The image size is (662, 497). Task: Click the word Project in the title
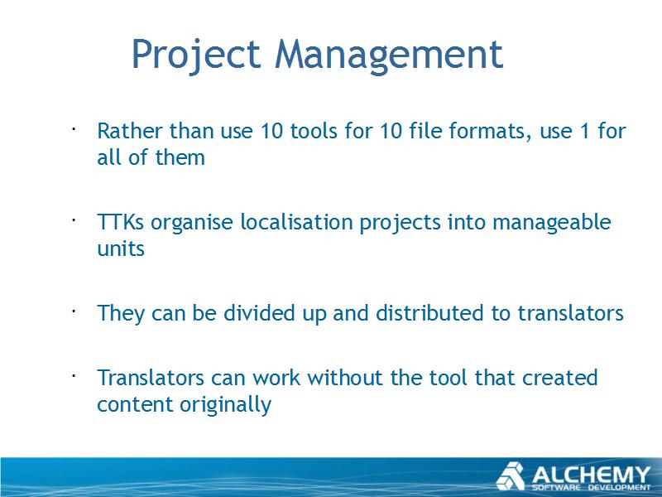tap(196, 55)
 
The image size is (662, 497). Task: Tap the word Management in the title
tap(389, 55)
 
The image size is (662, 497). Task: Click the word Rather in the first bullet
tap(130, 131)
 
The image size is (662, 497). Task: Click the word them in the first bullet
tap(180, 157)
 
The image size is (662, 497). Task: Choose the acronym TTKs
tap(120, 222)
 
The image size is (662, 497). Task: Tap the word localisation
tap(296, 222)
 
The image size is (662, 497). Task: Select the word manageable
tap(552, 223)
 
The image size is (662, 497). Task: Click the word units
tap(121, 248)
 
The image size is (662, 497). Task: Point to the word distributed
tap(429, 313)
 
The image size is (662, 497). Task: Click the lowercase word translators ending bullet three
tap(571, 314)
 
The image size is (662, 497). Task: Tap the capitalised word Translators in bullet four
tap(151, 378)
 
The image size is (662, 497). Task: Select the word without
tap(345, 378)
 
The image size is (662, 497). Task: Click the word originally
tap(225, 405)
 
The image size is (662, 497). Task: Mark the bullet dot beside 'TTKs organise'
tap(73, 220)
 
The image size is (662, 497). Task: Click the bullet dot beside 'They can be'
tap(73, 311)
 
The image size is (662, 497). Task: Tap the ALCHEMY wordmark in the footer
tap(591, 475)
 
